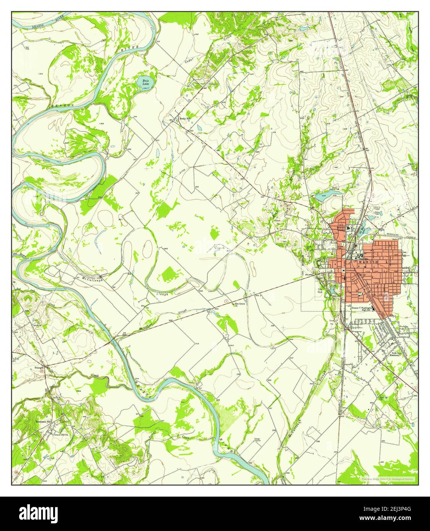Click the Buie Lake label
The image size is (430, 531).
pyautogui.click(x=145, y=83)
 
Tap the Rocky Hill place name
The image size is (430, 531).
pyautogui.click(x=185, y=119)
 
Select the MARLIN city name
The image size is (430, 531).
pyautogui.click(x=368, y=262)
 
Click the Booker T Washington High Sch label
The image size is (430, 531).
pyautogui.click(x=364, y=309)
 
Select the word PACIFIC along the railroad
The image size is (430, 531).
pyautogui.click(x=410, y=238)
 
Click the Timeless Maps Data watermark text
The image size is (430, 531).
pyautogui.click(x=387, y=479)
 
